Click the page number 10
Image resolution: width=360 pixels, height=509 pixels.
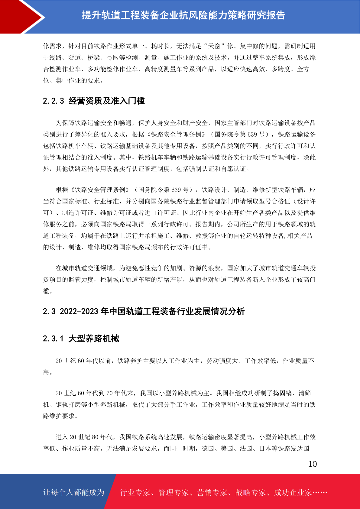(x=312, y=464)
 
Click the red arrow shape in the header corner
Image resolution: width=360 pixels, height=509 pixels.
(x=21, y=17)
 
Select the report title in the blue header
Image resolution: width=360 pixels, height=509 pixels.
(x=183, y=15)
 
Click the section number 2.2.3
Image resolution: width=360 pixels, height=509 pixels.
(x=54, y=101)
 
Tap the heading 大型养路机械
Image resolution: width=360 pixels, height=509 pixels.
(x=94, y=339)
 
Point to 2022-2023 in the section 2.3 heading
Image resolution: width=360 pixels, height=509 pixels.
(x=79, y=311)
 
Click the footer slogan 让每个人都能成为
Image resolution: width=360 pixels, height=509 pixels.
(x=73, y=492)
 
